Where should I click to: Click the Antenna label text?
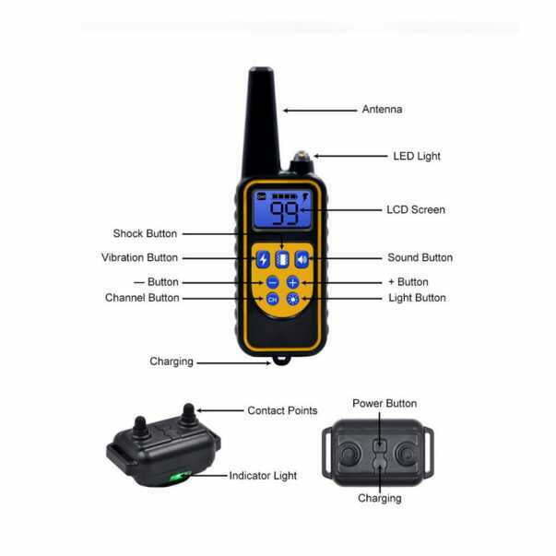pos(382,109)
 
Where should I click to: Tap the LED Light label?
pos(417,156)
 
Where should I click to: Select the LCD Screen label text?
pos(416,209)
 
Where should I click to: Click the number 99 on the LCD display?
pos(284,213)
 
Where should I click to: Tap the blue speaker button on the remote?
pos(302,260)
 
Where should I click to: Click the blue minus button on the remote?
pos(273,282)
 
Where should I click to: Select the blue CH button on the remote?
pos(272,300)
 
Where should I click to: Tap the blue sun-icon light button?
pos(293,300)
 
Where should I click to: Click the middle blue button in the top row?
pos(282,260)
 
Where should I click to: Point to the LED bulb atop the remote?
pos(302,155)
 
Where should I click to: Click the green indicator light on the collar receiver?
pos(180,476)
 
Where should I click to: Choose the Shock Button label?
pos(145,233)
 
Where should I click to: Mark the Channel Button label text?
pos(142,298)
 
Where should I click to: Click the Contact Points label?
pos(282,410)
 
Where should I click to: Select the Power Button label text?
pos(384,403)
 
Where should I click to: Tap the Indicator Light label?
pos(263,476)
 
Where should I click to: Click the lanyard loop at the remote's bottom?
pos(281,361)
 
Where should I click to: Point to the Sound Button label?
pos(420,257)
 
